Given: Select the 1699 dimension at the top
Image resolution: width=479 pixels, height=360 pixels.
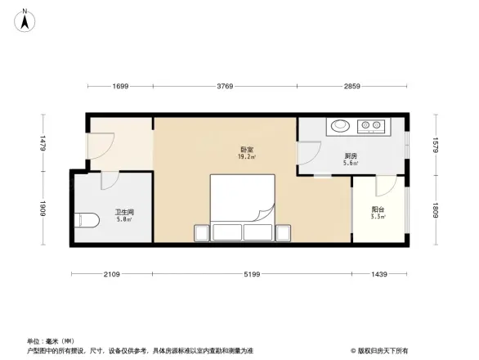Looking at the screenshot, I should (x=121, y=86).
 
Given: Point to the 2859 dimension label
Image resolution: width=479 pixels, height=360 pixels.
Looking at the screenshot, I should (x=351, y=86).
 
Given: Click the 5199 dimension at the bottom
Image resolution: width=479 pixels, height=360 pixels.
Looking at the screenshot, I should (x=252, y=275).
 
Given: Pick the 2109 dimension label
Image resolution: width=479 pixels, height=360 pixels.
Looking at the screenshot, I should (x=112, y=275).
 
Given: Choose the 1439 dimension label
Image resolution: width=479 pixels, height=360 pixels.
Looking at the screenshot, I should (x=379, y=275).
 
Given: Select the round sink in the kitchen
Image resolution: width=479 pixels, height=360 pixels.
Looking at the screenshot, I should (x=339, y=127).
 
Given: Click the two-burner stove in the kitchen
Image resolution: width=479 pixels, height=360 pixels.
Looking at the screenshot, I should (x=371, y=127).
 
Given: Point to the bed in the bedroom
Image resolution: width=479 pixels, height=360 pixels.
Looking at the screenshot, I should (x=243, y=208).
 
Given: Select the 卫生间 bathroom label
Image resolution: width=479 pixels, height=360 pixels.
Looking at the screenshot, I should (x=124, y=214).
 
